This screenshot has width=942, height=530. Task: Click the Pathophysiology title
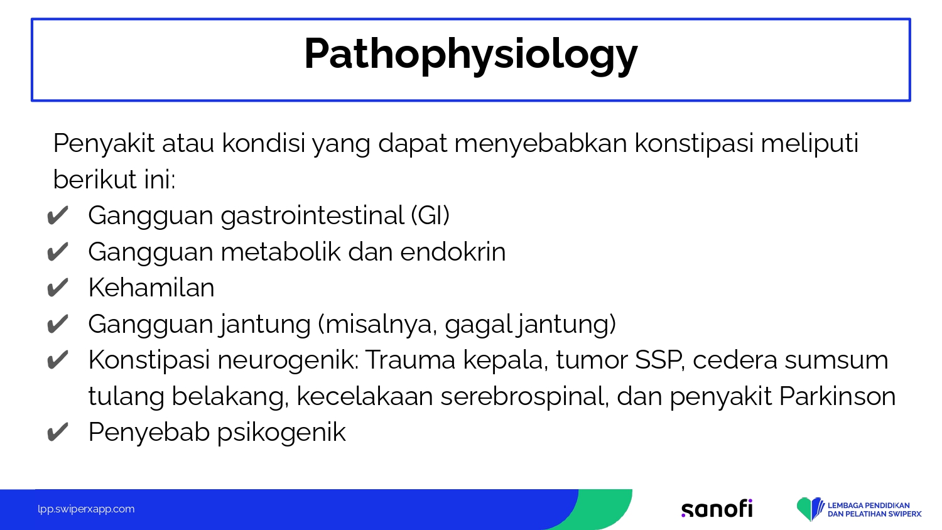point(470,55)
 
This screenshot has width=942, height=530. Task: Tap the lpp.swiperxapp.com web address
point(86,509)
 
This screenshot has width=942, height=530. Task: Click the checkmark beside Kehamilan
point(57,288)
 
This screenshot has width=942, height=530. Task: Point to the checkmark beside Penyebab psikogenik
point(57,433)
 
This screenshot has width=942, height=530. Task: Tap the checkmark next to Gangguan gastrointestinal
point(57,216)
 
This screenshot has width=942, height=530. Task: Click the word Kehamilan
point(151,288)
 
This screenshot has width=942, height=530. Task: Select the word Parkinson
point(837,396)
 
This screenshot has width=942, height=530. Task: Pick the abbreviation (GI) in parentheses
point(430,215)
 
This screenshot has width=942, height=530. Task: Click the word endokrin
point(453,252)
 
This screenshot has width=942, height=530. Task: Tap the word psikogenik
point(281,433)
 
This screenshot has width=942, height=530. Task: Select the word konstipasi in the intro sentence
point(693,144)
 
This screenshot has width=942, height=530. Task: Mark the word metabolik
point(280,252)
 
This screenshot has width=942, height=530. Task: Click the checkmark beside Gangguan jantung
point(57,324)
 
